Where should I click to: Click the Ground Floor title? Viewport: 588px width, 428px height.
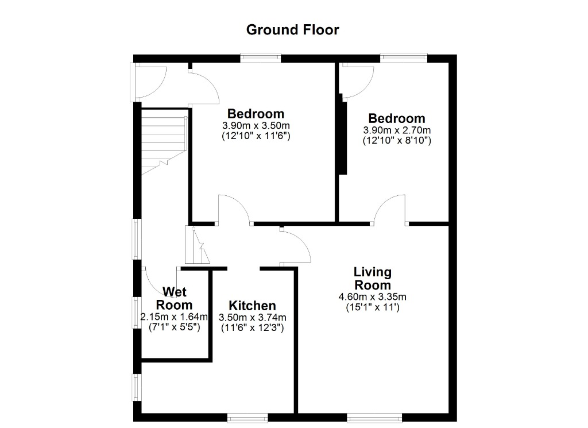coord(292,30)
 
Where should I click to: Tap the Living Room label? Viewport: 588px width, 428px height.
coord(372,278)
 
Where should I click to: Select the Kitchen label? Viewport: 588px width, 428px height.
coord(253,305)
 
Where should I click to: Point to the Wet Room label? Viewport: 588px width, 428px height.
coord(174,298)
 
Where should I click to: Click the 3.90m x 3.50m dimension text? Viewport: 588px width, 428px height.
coord(256,125)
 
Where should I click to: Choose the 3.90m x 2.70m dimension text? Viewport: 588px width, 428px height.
coord(397,130)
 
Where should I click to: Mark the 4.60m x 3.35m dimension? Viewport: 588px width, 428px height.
coord(372,297)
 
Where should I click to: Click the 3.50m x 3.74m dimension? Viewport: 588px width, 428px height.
coord(253,317)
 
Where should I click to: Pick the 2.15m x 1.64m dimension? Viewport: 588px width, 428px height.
coord(174,317)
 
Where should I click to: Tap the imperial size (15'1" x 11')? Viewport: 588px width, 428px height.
coord(372,307)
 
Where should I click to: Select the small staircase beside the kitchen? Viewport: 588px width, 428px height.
coord(198,245)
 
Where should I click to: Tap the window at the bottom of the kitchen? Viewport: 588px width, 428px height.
coord(247,417)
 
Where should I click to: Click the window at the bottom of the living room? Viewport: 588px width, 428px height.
coord(374,417)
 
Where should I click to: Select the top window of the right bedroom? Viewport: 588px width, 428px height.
coord(404,58)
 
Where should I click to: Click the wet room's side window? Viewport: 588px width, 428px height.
coord(137,313)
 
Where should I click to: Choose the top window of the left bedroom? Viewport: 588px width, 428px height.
coord(261,58)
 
